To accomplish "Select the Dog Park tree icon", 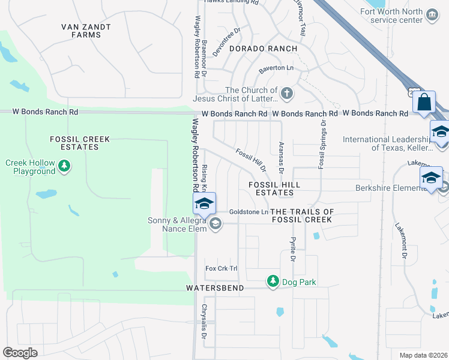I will tap(273, 281).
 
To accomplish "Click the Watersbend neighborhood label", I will tap(215, 289).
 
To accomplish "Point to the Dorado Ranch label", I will tap(263, 49).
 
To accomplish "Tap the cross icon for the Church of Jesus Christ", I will tap(287, 94).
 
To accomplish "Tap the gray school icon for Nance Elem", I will tap(215, 224).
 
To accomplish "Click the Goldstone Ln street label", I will tap(249, 212).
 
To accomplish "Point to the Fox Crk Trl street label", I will tap(221, 268).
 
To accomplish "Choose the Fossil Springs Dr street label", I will tap(323, 144).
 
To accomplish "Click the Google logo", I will tap(20, 353).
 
